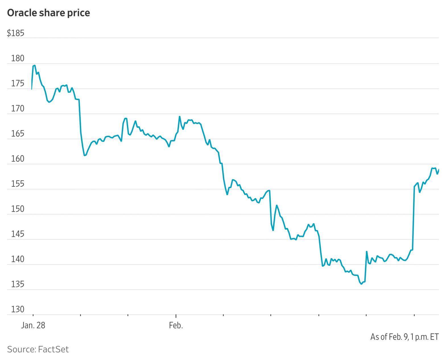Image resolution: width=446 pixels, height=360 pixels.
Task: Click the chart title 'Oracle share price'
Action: [48, 13]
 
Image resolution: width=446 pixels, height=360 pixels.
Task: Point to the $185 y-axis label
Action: [15, 33]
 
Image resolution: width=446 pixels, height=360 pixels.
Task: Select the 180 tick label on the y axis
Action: [17, 58]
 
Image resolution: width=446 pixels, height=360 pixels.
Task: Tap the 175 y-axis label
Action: [17, 83]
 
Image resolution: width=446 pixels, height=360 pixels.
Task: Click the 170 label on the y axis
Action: [17, 108]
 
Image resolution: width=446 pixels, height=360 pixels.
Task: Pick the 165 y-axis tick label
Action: [17, 133]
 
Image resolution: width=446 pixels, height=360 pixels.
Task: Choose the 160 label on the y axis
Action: [17, 159]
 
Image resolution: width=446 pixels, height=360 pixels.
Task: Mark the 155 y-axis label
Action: [17, 184]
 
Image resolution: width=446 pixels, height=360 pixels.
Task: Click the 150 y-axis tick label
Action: [17, 209]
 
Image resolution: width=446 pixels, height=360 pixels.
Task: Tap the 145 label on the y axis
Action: [17, 234]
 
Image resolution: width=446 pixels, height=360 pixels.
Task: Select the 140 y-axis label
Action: [17, 259]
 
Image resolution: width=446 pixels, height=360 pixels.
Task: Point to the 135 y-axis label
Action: [17, 284]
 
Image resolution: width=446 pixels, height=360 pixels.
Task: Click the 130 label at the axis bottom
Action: [17, 309]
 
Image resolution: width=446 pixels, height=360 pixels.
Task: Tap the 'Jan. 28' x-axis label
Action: [33, 325]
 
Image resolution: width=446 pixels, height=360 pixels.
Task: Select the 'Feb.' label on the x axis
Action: [176, 325]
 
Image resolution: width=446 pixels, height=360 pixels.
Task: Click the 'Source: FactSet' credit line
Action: [38, 349]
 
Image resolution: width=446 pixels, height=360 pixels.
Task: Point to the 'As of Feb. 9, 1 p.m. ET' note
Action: [404, 337]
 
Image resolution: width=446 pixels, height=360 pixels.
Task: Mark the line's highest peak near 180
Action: [34, 65]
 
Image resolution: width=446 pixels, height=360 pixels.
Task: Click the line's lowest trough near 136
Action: [362, 284]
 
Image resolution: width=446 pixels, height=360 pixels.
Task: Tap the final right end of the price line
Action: [439, 170]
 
